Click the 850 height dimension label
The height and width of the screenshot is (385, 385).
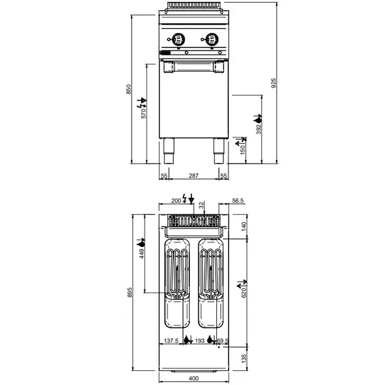pyautogui.click(x=128, y=89)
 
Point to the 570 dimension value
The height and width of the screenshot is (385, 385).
pyautogui.click(x=144, y=113)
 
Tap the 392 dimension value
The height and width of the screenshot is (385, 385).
pyautogui.click(x=259, y=128)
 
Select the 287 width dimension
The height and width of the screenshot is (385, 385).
pyautogui.click(x=193, y=175)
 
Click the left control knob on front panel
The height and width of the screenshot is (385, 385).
pyautogui.click(x=180, y=37)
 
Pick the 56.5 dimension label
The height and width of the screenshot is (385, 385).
pyautogui.click(x=237, y=200)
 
